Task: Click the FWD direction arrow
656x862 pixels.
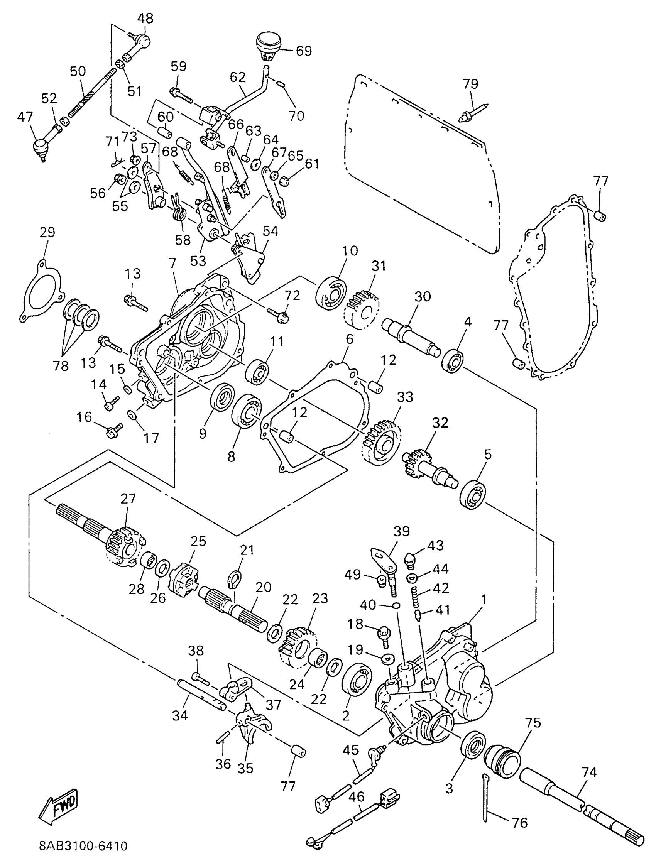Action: [59, 807]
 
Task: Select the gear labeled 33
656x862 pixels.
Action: [381, 443]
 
